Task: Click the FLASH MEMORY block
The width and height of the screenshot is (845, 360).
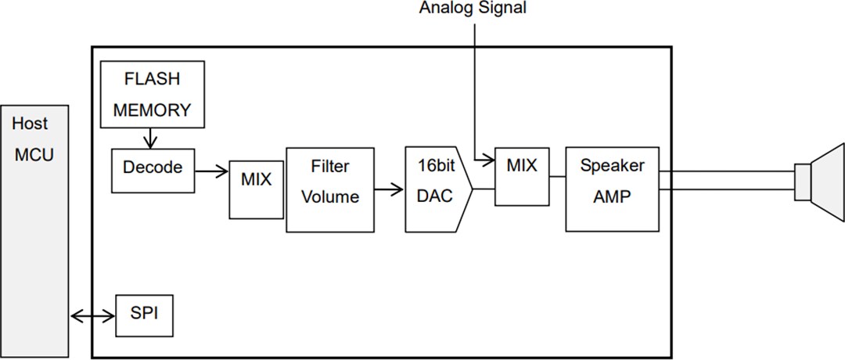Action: point(153,94)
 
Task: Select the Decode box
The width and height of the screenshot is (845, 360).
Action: point(153,167)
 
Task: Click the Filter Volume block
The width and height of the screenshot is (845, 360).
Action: point(330,189)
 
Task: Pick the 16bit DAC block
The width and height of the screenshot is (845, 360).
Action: point(436,189)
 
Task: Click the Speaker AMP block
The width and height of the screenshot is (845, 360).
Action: point(612,189)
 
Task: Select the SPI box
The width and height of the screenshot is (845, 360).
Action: point(143,316)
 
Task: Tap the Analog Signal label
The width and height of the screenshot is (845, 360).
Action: point(473,9)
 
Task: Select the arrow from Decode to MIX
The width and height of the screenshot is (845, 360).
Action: point(211,167)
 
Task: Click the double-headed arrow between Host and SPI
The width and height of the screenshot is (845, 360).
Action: point(92,316)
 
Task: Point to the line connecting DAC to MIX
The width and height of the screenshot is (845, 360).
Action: point(484,189)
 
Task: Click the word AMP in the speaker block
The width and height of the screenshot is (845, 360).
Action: point(612,198)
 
